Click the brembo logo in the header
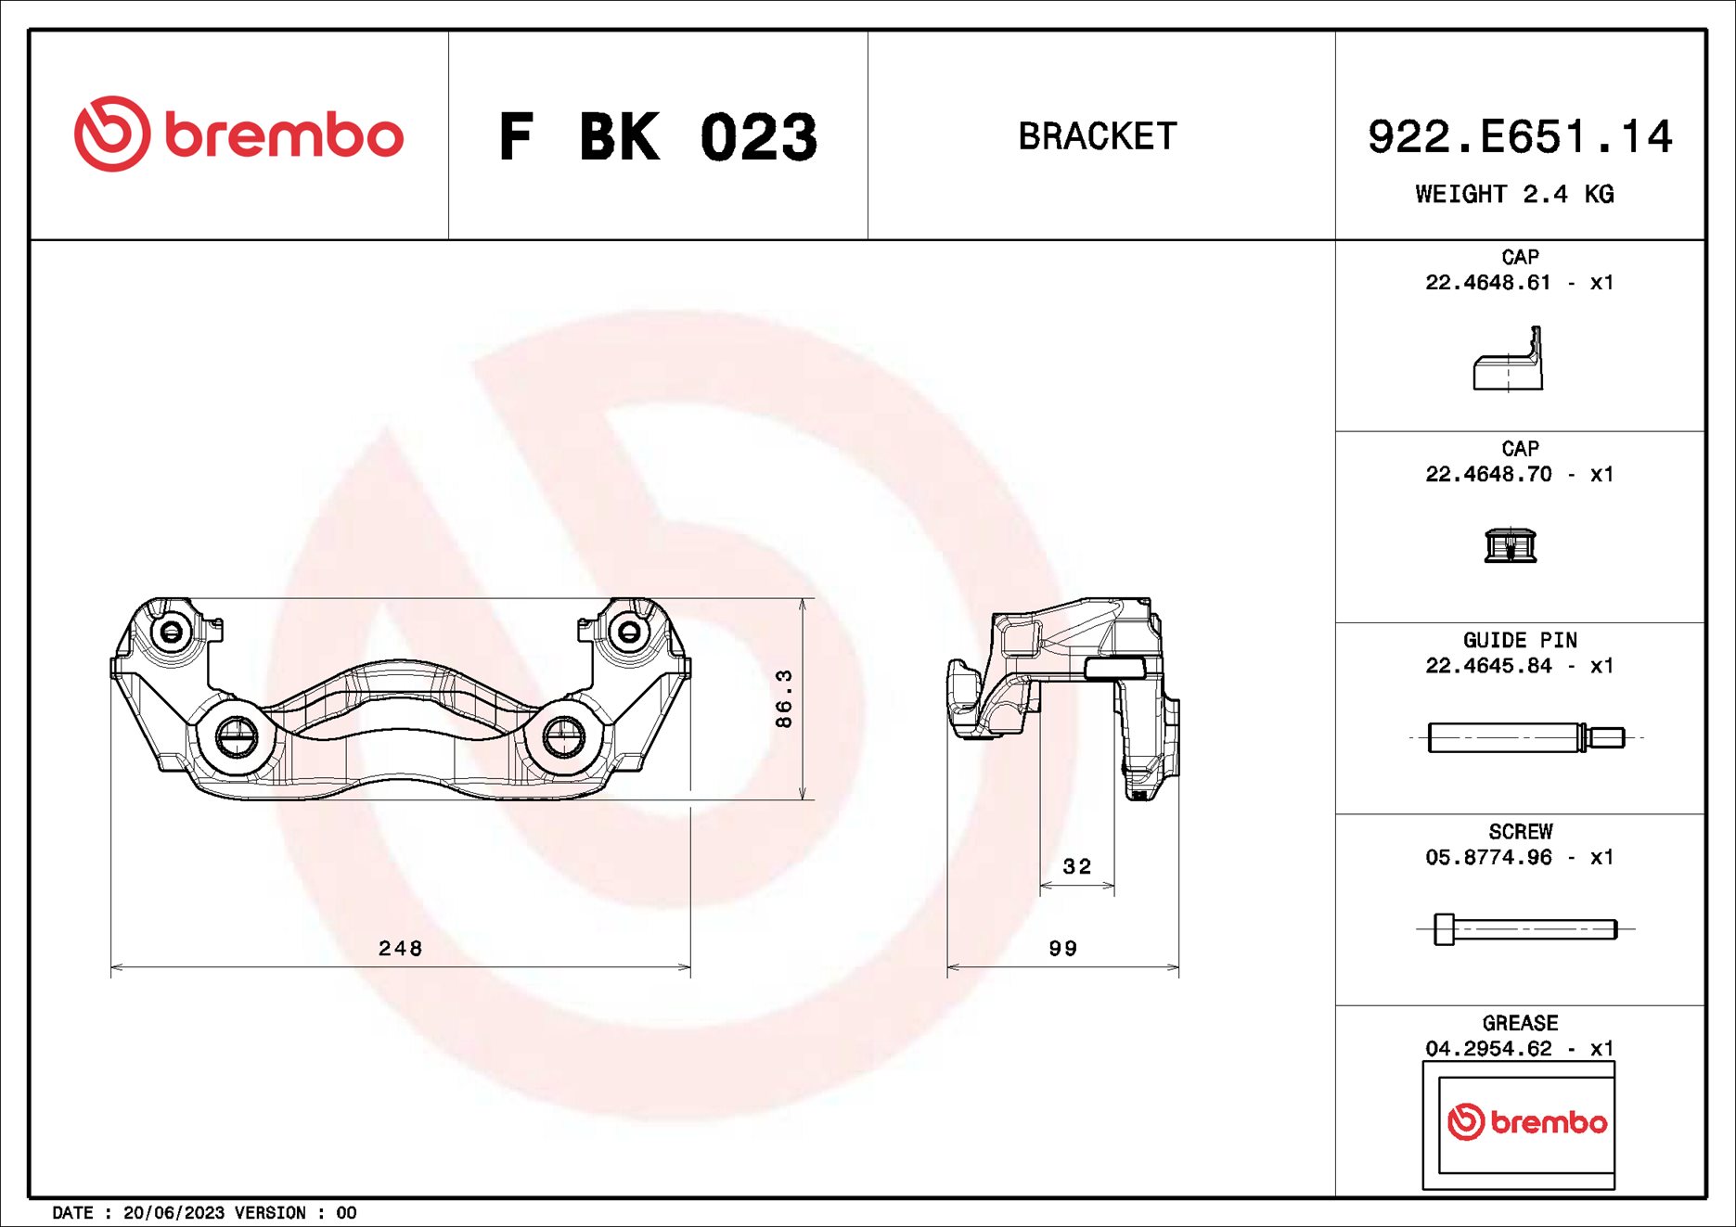238,134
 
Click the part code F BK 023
658,137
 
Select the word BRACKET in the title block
1098,136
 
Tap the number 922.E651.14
1519,137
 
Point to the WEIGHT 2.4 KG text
1514,194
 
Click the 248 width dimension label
400,948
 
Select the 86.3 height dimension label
784,698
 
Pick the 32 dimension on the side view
1076,866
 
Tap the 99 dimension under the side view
1062,948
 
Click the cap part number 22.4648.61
1487,283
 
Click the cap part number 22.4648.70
1487,474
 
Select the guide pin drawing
1525,737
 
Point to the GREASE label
1520,1023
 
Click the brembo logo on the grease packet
1526,1122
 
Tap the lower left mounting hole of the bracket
237,737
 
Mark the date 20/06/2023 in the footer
174,1213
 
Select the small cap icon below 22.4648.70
1510,544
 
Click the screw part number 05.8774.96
1487,857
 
